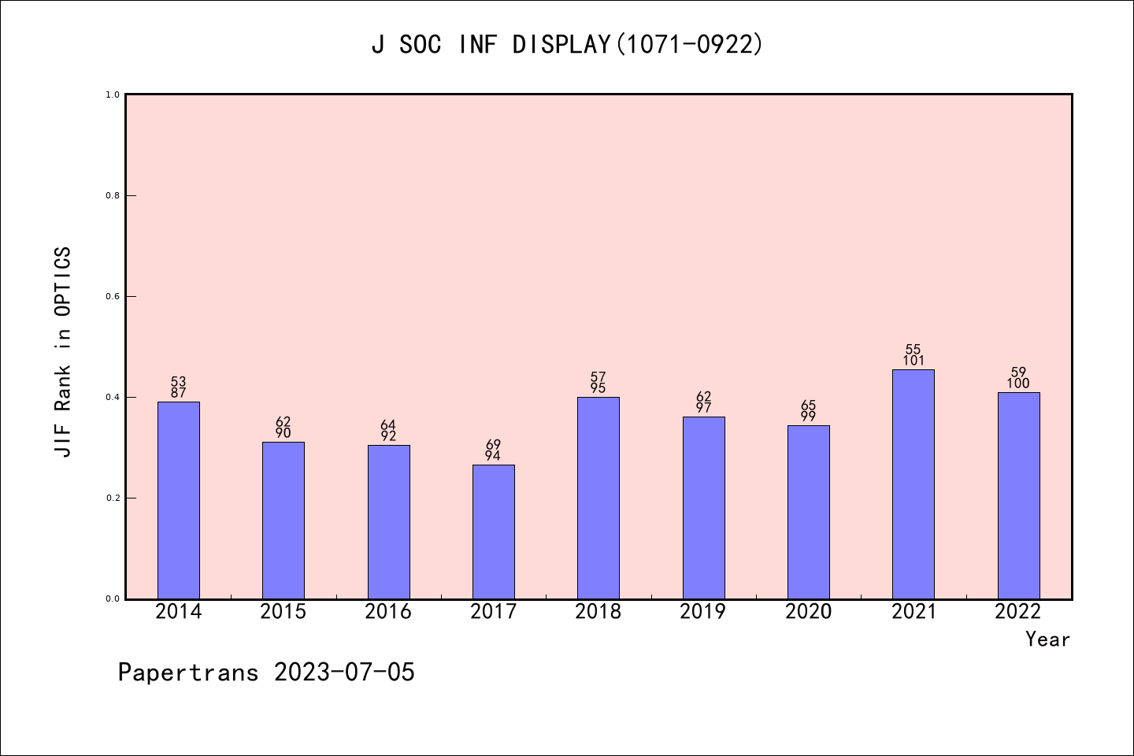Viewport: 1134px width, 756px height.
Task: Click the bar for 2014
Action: pos(179,500)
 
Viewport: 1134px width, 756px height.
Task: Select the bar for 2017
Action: pos(494,532)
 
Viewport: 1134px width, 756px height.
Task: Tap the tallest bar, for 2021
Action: pos(913,484)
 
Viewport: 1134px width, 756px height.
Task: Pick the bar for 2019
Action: pos(703,508)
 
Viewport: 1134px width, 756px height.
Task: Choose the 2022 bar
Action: pos(1018,495)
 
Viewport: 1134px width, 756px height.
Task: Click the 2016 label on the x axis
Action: pos(388,611)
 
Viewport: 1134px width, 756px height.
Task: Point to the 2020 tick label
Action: pos(808,611)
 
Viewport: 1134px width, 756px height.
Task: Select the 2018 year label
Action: pos(598,611)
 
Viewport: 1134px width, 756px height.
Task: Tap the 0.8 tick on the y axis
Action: pos(112,195)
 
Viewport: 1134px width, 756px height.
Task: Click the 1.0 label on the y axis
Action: pos(112,94)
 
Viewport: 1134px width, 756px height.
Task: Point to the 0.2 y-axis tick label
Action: pos(112,498)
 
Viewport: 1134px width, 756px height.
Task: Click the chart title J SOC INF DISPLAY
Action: pos(567,44)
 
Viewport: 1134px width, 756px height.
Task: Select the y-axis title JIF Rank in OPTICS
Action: pos(63,351)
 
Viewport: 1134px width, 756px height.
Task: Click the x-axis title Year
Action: pos(1047,639)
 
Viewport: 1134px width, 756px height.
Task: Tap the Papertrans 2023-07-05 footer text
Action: pos(266,672)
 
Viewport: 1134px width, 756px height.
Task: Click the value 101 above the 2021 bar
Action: pos(913,361)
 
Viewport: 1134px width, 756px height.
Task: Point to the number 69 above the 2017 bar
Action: pos(494,445)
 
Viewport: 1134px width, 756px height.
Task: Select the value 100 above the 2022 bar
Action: pos(1018,384)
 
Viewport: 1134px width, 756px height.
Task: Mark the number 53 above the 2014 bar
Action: pos(179,382)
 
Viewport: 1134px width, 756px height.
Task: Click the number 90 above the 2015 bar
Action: pos(283,433)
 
